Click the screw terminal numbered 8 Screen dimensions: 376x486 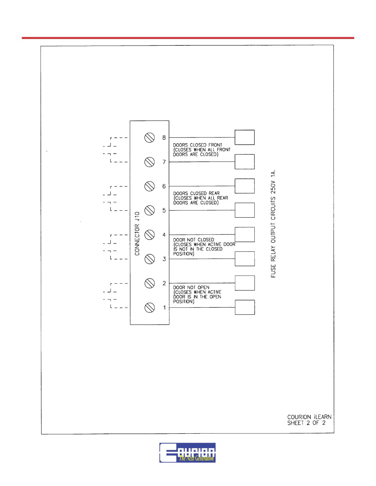point(149,138)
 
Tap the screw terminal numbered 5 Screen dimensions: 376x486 point(149,210)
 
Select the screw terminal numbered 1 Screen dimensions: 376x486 point(149,307)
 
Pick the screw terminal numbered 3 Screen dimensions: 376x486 point(149,259)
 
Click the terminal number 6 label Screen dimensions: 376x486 point(164,186)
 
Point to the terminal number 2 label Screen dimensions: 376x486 point(164,283)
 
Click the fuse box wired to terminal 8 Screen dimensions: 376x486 point(245,137)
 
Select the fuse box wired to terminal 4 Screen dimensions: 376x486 point(245,234)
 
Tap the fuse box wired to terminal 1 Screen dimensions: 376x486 point(245,307)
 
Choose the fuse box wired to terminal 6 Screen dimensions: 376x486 point(245,186)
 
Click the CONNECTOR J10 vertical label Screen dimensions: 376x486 point(137,233)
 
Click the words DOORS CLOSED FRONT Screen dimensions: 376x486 point(197,145)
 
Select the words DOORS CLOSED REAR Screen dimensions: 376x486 point(196,193)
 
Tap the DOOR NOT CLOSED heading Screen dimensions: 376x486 point(194,240)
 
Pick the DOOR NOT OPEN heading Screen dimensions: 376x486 point(191,287)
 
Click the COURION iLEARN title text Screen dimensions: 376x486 point(309,417)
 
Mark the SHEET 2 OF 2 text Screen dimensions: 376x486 point(306,423)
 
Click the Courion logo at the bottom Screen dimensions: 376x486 point(187,453)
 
